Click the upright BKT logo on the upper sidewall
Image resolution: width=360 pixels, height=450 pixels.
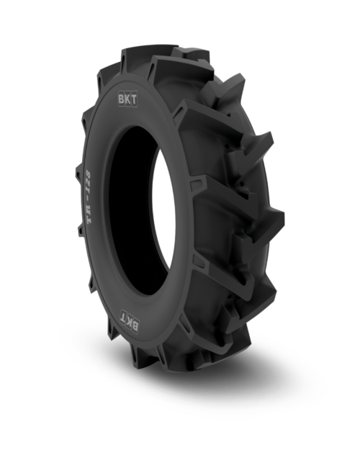tap(127, 99)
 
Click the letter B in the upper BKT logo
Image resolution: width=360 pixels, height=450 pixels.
tap(122, 99)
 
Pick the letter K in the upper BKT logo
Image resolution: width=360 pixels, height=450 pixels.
tap(127, 99)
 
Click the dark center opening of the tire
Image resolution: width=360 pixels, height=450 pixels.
tap(133, 209)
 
